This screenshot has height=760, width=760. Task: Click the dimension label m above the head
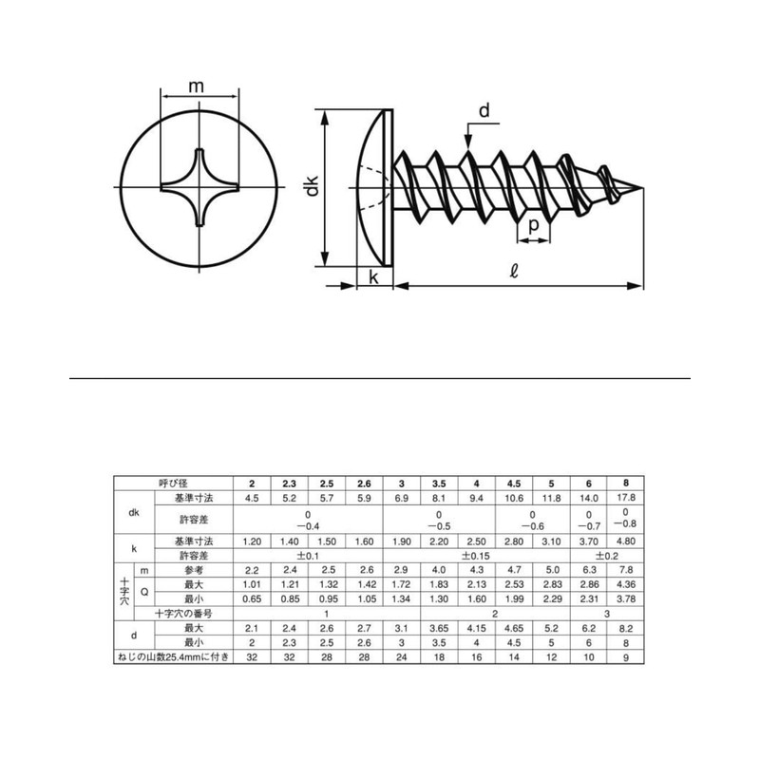point(197,86)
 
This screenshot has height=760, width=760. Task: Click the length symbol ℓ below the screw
point(513,273)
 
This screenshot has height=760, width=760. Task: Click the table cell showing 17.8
point(626,498)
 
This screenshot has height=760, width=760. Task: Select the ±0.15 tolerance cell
point(476,555)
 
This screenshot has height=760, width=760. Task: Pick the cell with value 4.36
point(626,584)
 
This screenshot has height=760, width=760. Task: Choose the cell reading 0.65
point(252,599)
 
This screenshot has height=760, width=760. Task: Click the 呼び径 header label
point(172,483)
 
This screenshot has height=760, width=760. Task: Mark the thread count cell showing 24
point(401,657)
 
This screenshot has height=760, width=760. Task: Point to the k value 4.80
point(626,541)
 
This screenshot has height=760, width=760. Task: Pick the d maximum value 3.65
point(438,628)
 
